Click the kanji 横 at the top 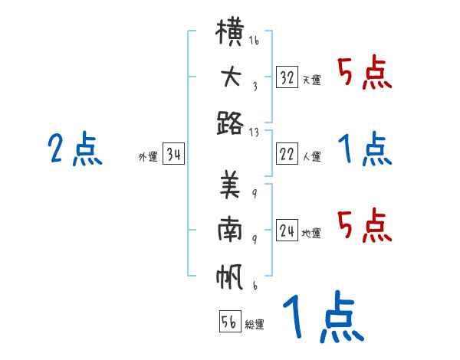coord(230,31)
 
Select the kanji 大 coord(231,77)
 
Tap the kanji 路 coord(230,123)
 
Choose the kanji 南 coord(230,229)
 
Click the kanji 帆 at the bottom coord(229,277)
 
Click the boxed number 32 coord(287,77)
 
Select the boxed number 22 coord(287,153)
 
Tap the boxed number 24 coord(287,230)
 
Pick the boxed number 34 coord(173,153)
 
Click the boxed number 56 coord(230,321)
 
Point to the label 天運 coord(312,80)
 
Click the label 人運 coord(312,156)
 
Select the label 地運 coord(311,234)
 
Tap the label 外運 coord(148,157)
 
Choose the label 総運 coord(255,324)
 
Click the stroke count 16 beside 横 coord(254,40)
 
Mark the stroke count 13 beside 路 coord(254,133)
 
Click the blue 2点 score coord(75,148)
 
